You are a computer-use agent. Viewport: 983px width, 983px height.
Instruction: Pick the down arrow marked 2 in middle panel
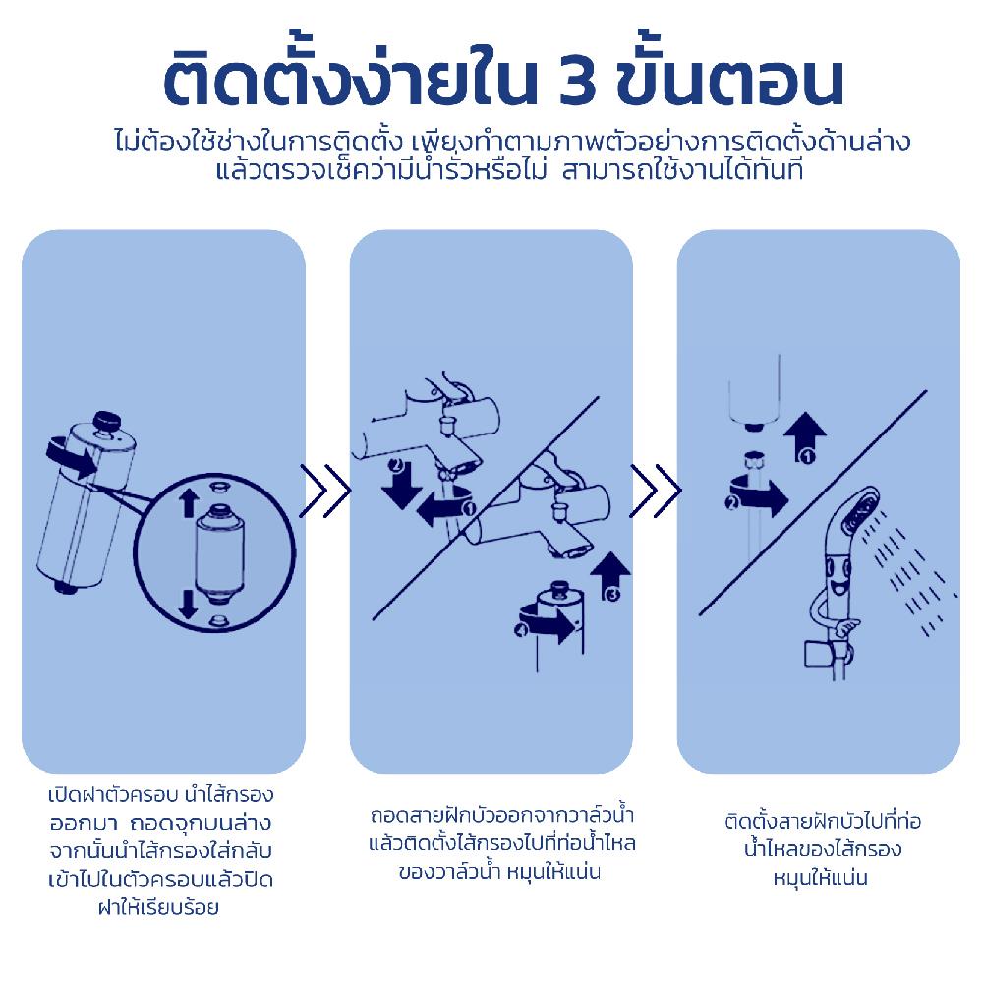(x=398, y=483)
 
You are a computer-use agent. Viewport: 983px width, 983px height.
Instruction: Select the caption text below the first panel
(x=160, y=849)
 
